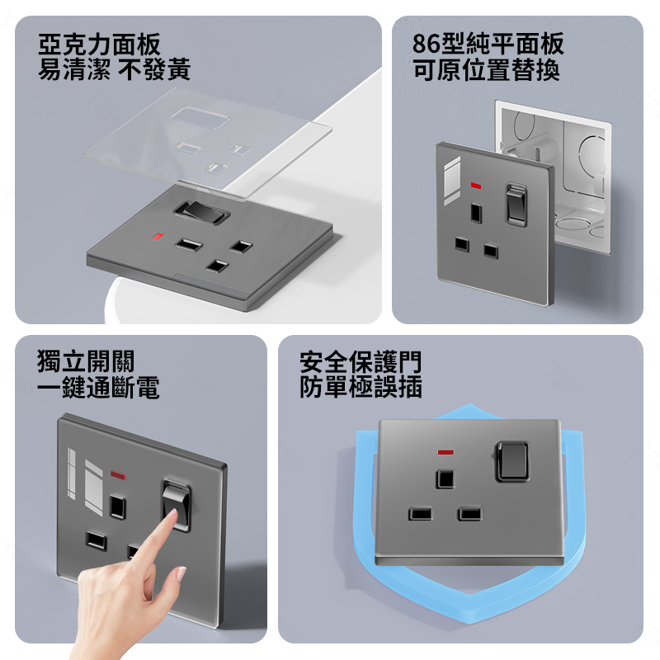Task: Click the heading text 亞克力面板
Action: point(99,45)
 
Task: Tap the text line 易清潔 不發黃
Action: point(114,69)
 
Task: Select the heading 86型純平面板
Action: point(488,44)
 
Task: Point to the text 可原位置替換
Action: point(486,69)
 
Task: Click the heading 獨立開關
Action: point(86,361)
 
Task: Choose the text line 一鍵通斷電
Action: point(98,387)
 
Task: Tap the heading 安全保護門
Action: point(361,361)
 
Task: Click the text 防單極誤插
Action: point(361,387)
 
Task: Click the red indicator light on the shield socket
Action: point(445,452)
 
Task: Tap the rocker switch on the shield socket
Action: point(512,461)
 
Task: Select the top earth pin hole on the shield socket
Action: point(445,478)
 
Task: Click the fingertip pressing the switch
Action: point(172,513)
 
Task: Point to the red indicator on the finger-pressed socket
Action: point(118,475)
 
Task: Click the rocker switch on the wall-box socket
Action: point(516,205)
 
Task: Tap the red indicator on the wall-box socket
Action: point(476,185)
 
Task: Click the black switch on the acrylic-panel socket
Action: point(201,212)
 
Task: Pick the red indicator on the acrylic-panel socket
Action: point(158,236)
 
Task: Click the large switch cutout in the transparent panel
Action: point(200,117)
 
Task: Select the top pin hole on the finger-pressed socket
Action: point(117,507)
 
